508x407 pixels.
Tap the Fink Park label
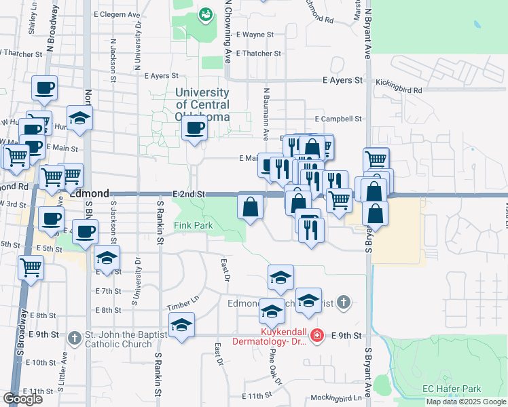click(x=194, y=225)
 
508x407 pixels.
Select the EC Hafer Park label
click(x=452, y=389)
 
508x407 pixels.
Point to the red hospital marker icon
click(x=316, y=335)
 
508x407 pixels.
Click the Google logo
click(x=22, y=399)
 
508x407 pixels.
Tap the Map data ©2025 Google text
click(x=466, y=402)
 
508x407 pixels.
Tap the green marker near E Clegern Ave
click(x=204, y=14)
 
